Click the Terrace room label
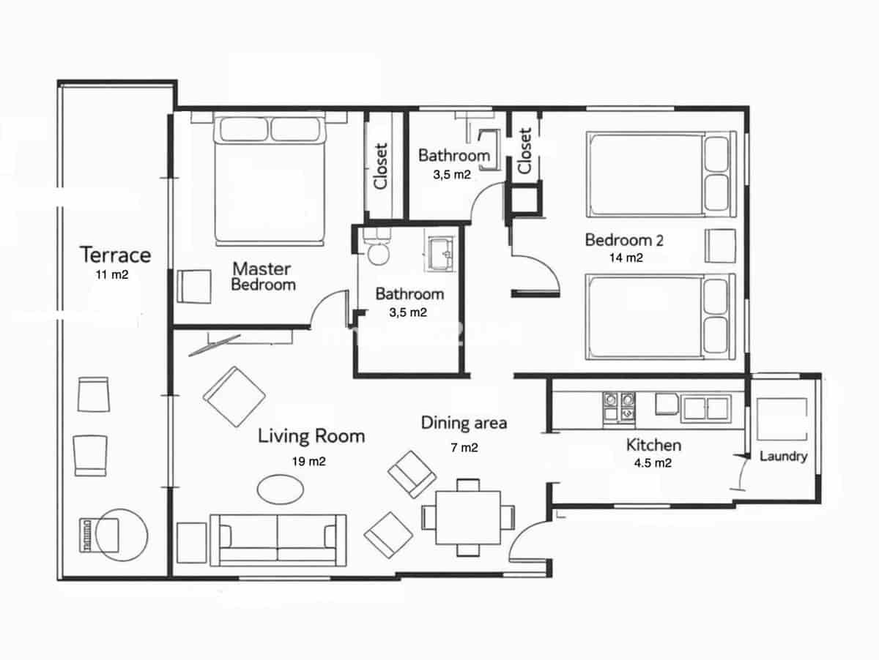[116, 255]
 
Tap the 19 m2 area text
[308, 462]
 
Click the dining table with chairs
[468, 517]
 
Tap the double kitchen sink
[705, 408]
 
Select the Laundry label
[783, 457]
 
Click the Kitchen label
[653, 445]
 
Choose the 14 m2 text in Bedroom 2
[626, 258]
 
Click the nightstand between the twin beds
[720, 245]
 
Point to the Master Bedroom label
[263, 277]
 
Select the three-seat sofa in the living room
[278, 540]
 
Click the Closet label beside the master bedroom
[381, 165]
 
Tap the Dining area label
[464, 423]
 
